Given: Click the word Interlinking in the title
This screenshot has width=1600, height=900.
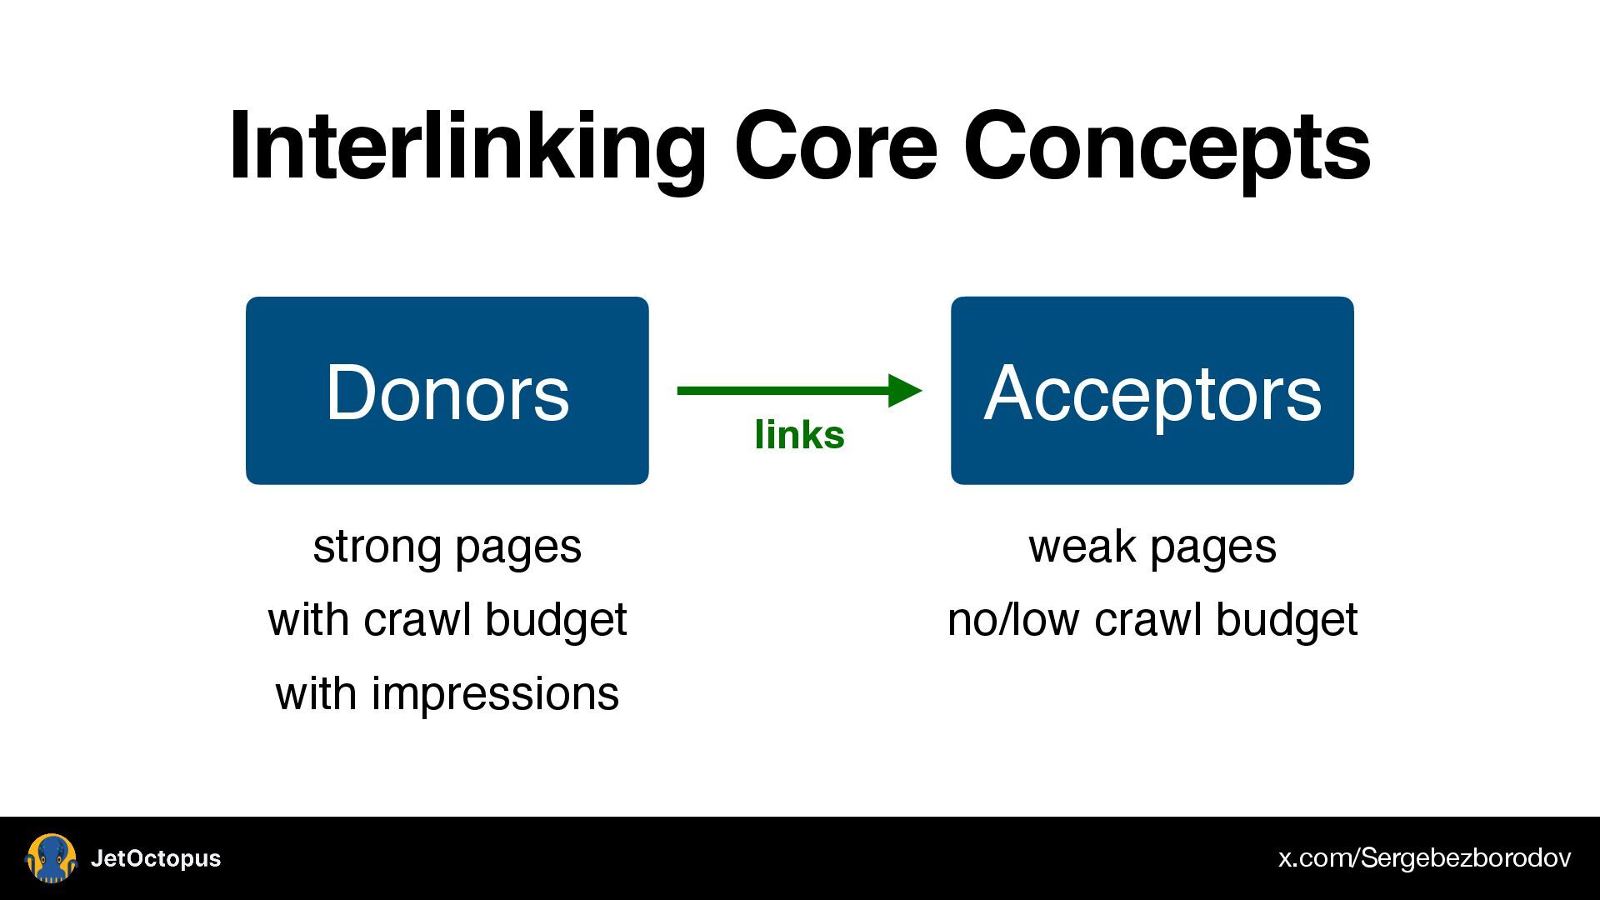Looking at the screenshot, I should coord(467,147).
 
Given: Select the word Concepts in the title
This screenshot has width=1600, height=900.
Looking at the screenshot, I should coord(1167,147).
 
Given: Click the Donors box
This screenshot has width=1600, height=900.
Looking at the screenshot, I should coord(447,390).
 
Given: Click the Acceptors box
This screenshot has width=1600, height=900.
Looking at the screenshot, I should coord(1152,390).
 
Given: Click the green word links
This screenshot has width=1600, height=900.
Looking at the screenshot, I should coord(799,435).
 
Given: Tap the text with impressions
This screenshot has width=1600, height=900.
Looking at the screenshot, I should coord(447,693).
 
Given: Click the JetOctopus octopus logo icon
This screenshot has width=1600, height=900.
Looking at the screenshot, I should coord(52,858).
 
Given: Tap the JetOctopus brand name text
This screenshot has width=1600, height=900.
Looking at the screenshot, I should coord(156,858).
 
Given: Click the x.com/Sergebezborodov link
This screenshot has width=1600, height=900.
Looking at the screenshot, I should coord(1424,858).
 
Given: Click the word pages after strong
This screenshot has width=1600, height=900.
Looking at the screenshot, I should coord(517,548).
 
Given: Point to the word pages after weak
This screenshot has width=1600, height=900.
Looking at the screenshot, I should coord(1213,548).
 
